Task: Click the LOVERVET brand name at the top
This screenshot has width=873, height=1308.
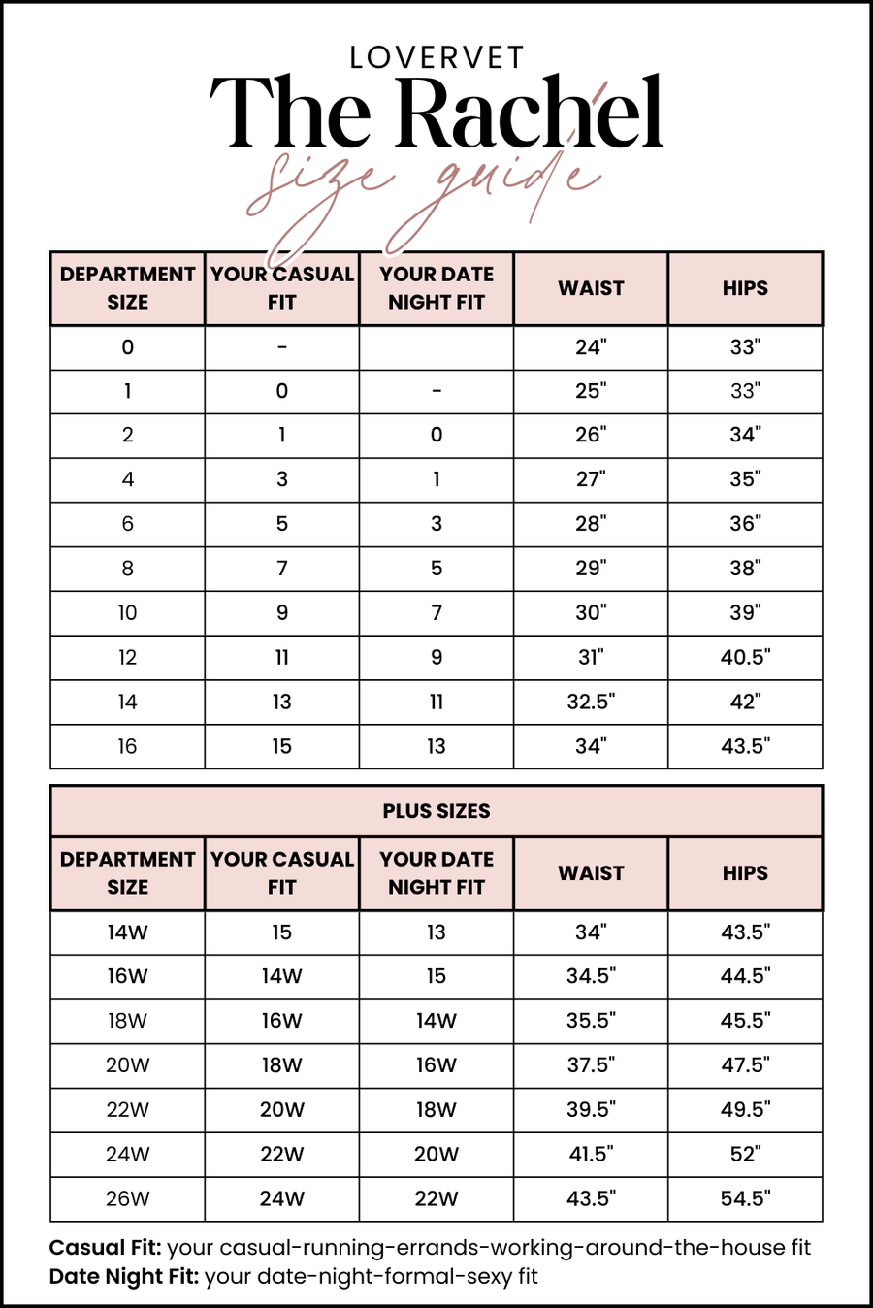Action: [436, 58]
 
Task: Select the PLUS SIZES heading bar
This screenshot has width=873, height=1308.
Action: [436, 811]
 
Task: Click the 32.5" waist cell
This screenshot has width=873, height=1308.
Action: [591, 702]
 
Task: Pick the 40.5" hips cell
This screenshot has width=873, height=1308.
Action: [745, 657]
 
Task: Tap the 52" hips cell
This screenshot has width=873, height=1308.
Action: [745, 1154]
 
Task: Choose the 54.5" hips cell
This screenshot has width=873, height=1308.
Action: [745, 1198]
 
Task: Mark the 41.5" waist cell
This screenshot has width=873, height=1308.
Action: [591, 1154]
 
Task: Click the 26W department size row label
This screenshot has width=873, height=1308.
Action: [127, 1198]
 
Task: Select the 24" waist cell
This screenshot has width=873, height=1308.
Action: [591, 347]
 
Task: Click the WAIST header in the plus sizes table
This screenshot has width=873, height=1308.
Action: [591, 873]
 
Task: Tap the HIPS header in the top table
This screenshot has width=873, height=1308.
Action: [745, 288]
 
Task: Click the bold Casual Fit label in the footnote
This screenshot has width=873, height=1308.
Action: [105, 1248]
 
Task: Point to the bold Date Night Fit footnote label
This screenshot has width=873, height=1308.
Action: [124, 1276]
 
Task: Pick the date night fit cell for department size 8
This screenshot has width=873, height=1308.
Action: [436, 569]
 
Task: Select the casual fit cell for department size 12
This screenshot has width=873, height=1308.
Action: [281, 657]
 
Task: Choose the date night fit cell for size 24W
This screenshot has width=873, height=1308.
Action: [436, 1154]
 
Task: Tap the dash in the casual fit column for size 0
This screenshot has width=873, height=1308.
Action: [281, 347]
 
